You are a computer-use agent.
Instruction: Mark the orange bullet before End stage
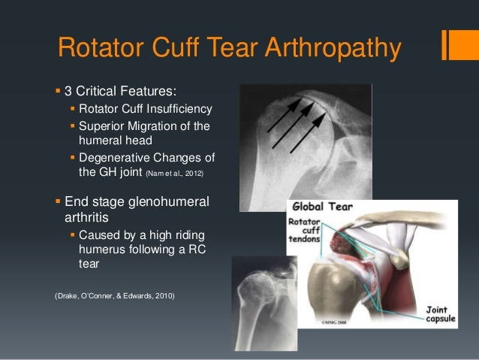59,201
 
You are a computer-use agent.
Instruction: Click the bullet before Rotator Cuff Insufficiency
73,110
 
